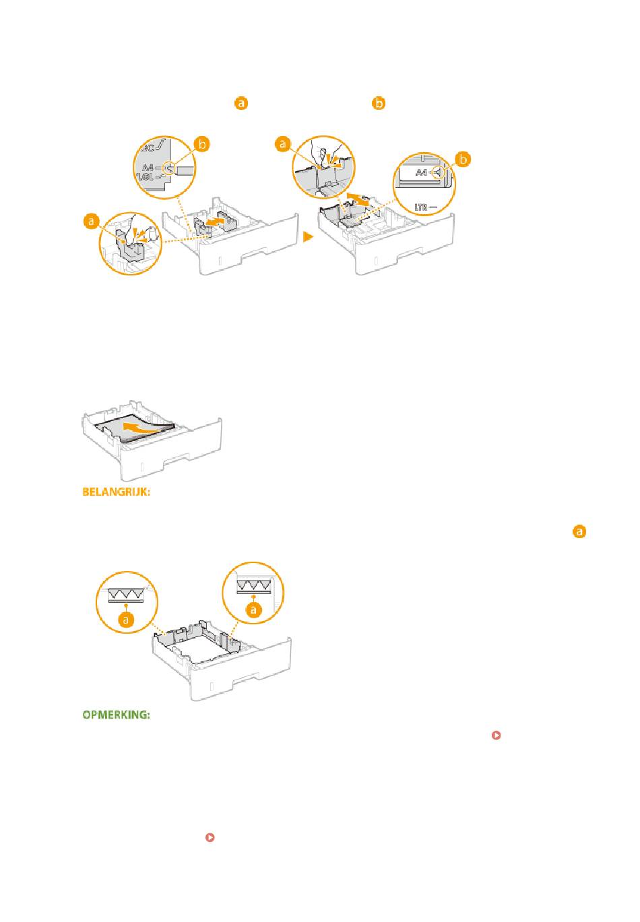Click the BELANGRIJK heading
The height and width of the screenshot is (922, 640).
115,492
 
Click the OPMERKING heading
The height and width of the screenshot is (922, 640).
115,715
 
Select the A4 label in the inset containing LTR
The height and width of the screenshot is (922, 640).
422,172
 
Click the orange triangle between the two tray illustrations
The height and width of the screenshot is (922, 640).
307,237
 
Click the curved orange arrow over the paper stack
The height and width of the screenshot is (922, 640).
147,428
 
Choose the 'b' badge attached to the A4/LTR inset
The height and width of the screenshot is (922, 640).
462,160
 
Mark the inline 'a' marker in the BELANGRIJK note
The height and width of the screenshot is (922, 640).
579,531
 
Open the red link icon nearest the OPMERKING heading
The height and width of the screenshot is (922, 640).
496,736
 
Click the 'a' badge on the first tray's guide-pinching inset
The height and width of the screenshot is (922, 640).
91,220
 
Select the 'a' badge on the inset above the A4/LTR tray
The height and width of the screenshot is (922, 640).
284,144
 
